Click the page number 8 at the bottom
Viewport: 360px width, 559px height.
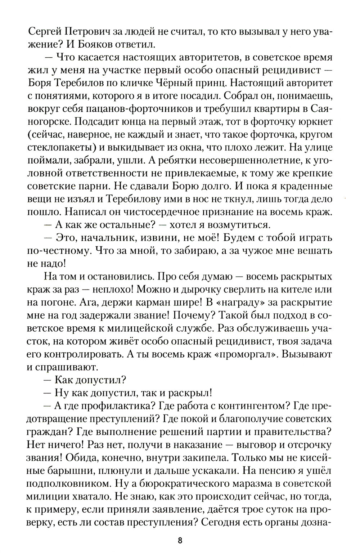180,540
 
